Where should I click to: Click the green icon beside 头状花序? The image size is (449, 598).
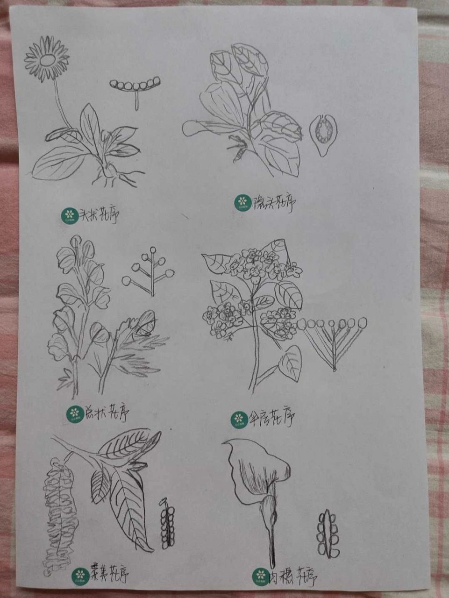click(x=69, y=215)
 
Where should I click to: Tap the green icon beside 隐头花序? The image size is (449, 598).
click(x=242, y=202)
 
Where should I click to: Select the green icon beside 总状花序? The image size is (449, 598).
click(x=74, y=413)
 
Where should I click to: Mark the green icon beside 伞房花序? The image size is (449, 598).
click(x=240, y=418)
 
